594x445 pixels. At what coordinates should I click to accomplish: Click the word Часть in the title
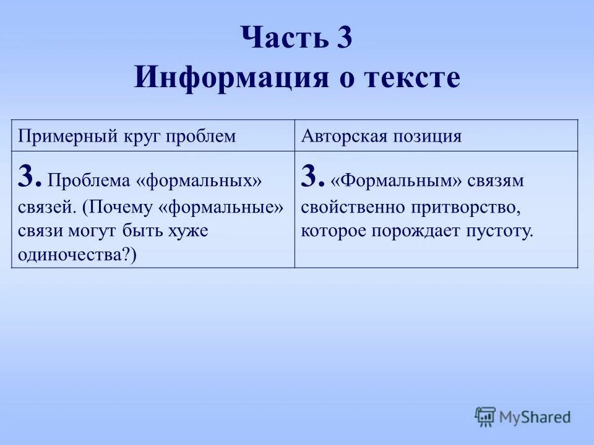pyautogui.click(x=281, y=38)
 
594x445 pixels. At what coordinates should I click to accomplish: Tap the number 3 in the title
pyautogui.click(x=345, y=38)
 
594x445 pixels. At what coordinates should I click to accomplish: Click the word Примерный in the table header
pyautogui.click(x=56, y=137)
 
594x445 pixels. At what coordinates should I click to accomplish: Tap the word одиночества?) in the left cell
pyautogui.click(x=77, y=255)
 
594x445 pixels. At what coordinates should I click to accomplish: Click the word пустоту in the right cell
pyautogui.click(x=502, y=232)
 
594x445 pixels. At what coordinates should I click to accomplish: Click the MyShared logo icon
pyautogui.click(x=486, y=416)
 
